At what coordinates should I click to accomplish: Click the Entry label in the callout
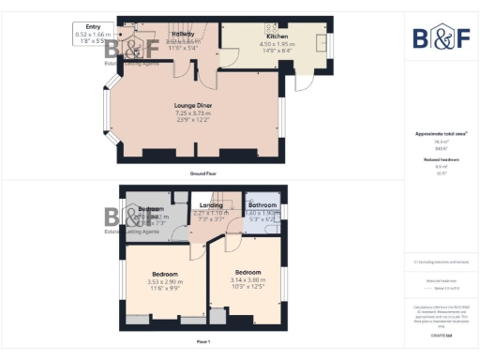click(x=92, y=28)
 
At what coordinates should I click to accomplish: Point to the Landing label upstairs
click(x=211, y=205)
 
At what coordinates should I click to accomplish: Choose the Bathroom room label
click(x=262, y=205)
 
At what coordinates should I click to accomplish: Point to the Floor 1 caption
click(x=202, y=342)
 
